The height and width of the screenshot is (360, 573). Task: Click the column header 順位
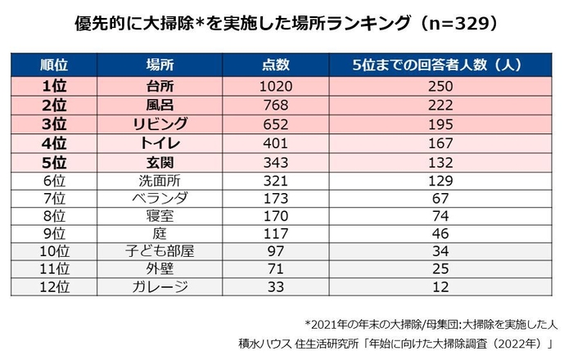point(56,65)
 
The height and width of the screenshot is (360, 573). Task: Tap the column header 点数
point(275,65)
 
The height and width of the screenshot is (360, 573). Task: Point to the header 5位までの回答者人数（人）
point(441,65)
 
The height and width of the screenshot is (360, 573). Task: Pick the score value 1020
point(275,86)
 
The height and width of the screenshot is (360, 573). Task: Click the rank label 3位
point(56,125)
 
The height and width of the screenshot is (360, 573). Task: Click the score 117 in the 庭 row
point(275,235)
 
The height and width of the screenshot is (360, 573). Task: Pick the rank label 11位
point(56,269)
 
